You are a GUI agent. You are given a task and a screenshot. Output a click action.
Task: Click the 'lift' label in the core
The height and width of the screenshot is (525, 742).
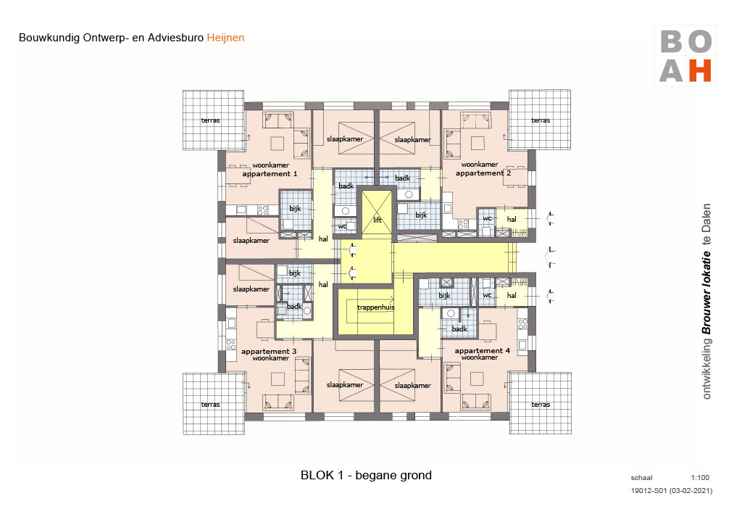pyautogui.click(x=376, y=219)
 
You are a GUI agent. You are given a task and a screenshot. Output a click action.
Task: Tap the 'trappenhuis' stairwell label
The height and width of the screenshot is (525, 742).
pyautogui.click(x=375, y=307)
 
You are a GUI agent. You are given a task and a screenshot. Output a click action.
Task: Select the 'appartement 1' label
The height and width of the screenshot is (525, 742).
pyautogui.click(x=270, y=174)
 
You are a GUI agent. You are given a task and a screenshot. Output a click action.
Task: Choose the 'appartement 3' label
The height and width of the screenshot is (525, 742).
pyautogui.click(x=269, y=351)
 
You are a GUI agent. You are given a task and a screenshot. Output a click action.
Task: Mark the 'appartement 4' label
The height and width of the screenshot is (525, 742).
pyautogui.click(x=483, y=351)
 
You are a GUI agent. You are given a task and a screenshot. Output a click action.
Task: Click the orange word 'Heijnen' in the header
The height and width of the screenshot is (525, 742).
pyautogui.click(x=226, y=37)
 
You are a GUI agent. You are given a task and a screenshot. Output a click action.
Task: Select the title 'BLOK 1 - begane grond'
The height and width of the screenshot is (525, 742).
pyautogui.click(x=366, y=476)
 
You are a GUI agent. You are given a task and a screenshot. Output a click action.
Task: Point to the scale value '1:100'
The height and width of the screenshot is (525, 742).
pyautogui.click(x=700, y=478)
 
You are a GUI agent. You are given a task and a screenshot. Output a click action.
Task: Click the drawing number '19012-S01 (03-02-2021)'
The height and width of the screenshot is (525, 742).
pyautogui.click(x=672, y=492)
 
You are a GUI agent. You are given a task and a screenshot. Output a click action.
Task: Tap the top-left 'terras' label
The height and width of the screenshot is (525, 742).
pyautogui.click(x=210, y=120)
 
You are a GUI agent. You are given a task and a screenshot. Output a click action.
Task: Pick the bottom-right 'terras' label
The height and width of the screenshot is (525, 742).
pyautogui.click(x=540, y=405)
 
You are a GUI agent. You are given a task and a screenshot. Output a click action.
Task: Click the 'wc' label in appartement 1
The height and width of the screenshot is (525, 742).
pyautogui.click(x=342, y=226)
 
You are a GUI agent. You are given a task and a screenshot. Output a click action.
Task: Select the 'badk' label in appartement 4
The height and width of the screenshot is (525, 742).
pyautogui.click(x=459, y=328)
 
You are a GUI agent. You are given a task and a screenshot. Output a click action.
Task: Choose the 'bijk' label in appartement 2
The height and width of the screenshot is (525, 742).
pyautogui.click(x=421, y=215)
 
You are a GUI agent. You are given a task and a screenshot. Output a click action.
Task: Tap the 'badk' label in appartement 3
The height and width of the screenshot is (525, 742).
pyautogui.click(x=294, y=307)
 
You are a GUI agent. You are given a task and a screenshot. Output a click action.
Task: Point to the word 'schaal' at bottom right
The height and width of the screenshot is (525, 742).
pyautogui.click(x=642, y=478)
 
